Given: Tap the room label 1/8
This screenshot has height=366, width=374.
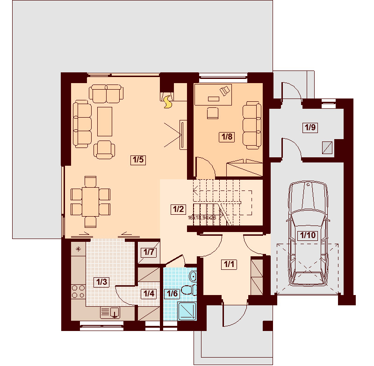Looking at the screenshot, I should [227, 137].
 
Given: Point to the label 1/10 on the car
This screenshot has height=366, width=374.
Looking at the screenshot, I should [307, 235].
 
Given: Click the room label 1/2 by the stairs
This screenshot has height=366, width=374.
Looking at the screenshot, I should [179, 209].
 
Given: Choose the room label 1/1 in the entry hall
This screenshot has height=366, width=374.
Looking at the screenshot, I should [229, 265].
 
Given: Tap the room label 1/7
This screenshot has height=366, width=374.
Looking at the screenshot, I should [149, 252].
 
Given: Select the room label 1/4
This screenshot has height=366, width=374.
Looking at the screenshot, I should [149, 294].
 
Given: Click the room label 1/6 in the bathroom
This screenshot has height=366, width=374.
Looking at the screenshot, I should [172, 294].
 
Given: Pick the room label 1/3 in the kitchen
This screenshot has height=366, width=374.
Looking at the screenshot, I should [101, 282].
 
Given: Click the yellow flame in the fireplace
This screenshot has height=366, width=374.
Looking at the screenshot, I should [167, 103].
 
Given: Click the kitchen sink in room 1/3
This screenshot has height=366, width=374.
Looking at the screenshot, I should [110, 312].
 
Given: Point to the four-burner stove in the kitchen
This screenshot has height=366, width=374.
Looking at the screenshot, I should [78, 292].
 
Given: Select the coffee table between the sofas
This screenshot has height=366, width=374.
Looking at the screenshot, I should [105, 121].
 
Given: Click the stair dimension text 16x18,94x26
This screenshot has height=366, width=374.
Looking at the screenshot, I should [201, 218].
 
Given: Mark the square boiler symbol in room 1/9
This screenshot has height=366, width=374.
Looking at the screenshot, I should [328, 148].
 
